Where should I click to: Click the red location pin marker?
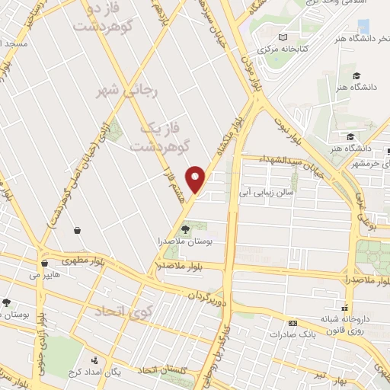[196, 180]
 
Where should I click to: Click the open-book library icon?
[283, 37]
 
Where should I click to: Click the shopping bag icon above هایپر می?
[43, 264]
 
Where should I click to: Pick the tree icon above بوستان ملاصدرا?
[185, 228]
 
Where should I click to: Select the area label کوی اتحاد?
[124, 312]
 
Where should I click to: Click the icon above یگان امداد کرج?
[94, 359]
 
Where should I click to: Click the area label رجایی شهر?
[121, 91]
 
